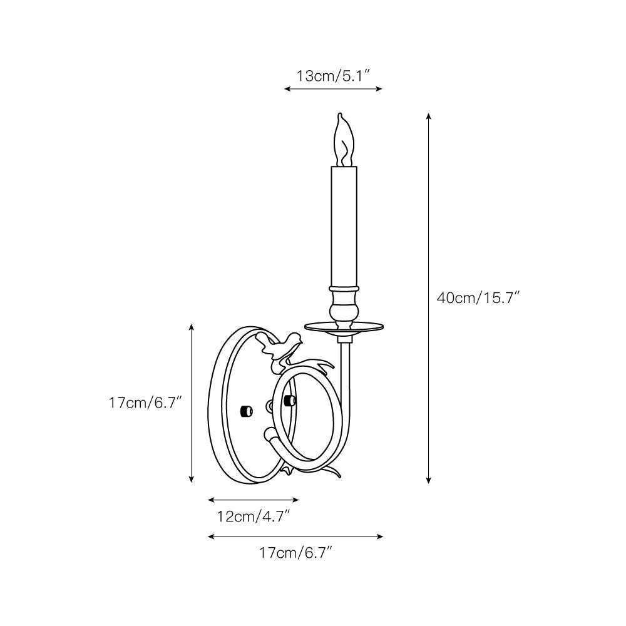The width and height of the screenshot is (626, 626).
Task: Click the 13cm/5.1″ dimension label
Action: (x=333, y=76)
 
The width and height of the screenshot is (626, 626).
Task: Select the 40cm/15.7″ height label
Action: (x=478, y=298)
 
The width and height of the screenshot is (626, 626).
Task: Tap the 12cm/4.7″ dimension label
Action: (x=252, y=516)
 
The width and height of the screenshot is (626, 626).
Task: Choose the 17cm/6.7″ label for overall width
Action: (x=295, y=553)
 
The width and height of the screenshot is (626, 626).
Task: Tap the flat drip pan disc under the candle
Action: (x=344, y=326)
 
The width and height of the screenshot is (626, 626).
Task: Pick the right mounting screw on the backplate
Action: (x=289, y=399)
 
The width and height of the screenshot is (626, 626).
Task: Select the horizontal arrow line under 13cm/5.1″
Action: (x=333, y=89)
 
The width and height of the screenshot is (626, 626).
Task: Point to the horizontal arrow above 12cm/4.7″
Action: (x=253, y=500)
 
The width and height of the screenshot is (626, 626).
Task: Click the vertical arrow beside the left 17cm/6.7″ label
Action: (x=192, y=403)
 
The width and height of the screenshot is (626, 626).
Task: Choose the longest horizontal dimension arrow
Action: (x=295, y=536)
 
